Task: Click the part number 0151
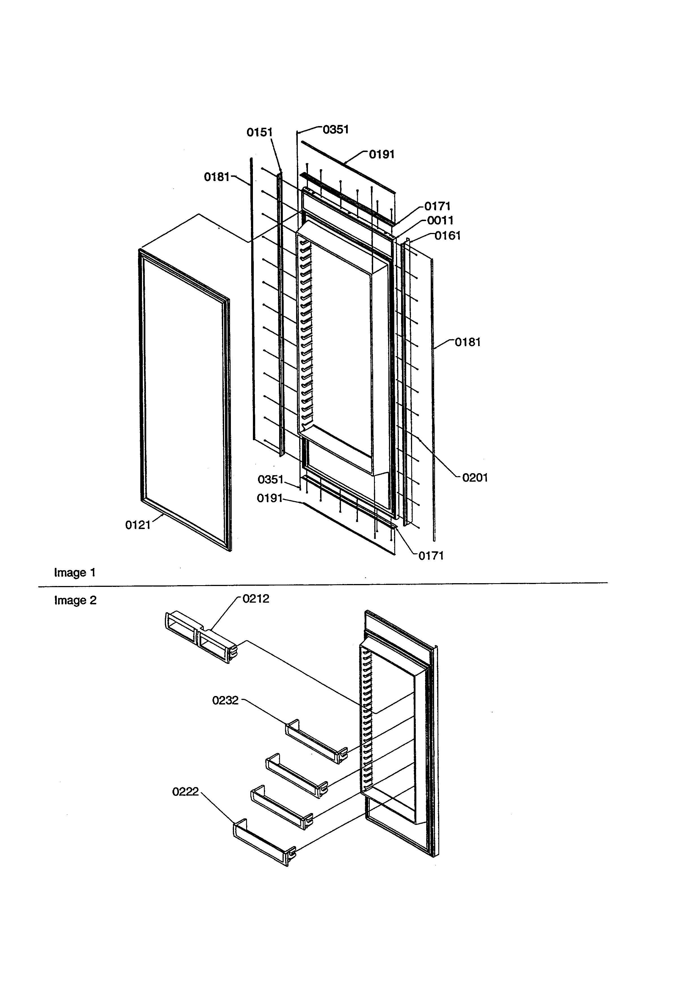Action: pos(259,132)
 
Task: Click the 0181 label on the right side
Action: pos(468,342)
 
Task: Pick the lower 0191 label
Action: pos(270,498)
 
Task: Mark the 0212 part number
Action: pos(256,599)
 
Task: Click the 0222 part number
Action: pos(185,792)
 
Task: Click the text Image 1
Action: pos(75,572)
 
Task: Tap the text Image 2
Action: pos(75,600)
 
